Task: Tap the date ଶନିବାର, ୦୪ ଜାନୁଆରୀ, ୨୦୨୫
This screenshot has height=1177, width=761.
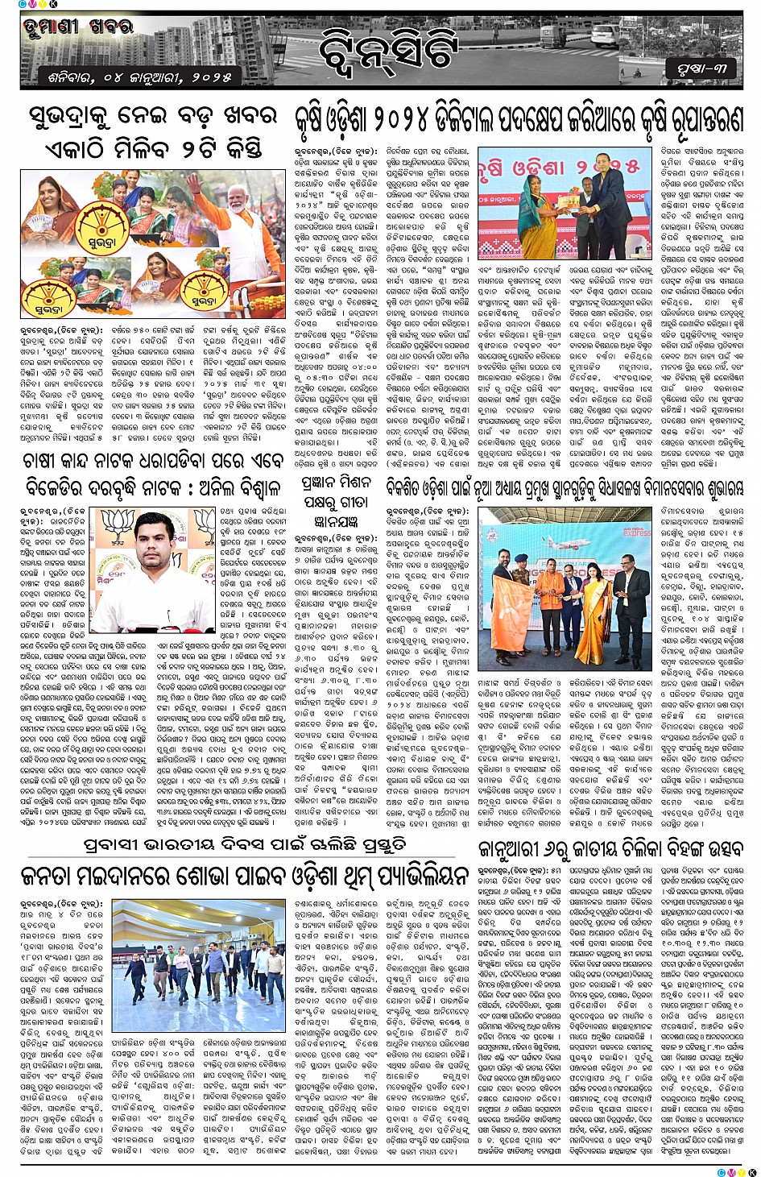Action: pyautogui.click(x=134, y=78)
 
